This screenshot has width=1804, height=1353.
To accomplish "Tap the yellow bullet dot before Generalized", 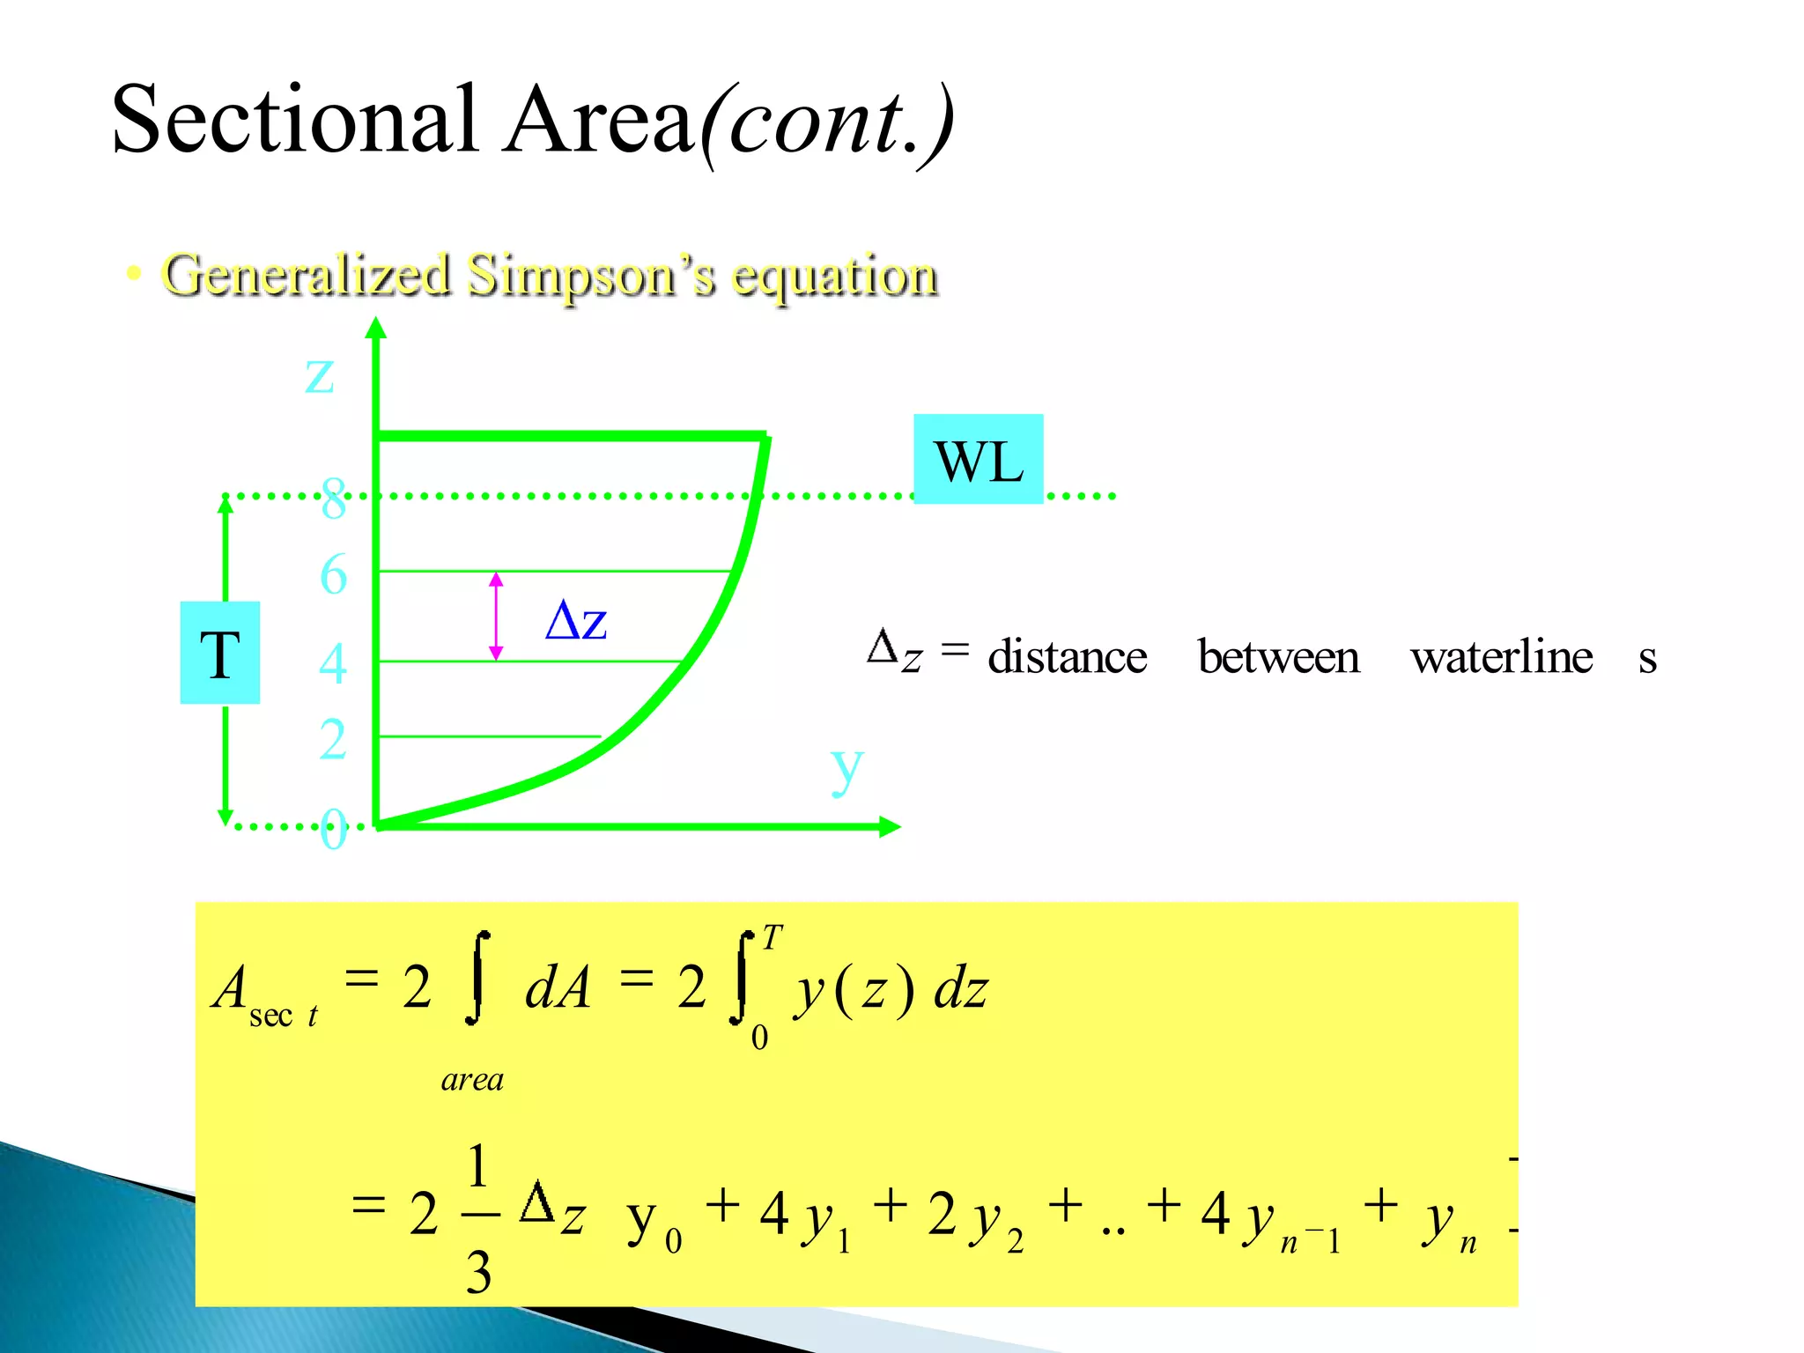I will pos(134,273).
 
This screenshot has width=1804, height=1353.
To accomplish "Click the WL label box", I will pos(979,460).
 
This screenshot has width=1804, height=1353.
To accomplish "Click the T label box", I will pos(220,654).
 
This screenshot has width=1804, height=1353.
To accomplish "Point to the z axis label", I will pos(320,373).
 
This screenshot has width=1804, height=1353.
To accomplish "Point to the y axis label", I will pos(847,768).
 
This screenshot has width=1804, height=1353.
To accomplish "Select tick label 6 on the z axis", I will pos(333,575).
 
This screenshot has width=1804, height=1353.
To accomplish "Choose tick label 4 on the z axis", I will pos(333,663).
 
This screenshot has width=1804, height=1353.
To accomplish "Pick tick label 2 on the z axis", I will pos(333,738).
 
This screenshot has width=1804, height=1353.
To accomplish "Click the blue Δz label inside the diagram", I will pos(576,621).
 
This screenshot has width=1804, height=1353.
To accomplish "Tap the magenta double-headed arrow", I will pos(496,617).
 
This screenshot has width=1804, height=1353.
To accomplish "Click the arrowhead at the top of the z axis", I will pos(376,328).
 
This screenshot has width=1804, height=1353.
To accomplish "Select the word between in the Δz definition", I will pos(1278,657).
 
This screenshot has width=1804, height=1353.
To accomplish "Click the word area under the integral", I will pos(472,1079).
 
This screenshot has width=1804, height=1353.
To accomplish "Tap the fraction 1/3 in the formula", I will pos(478,1218).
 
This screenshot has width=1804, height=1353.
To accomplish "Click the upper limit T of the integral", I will pos(772,937).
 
